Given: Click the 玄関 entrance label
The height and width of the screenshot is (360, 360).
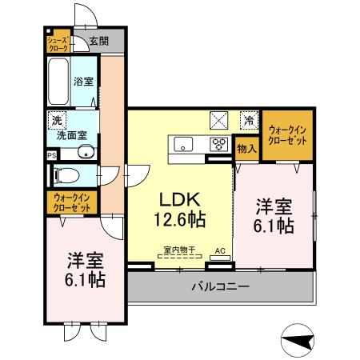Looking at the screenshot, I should [98, 41].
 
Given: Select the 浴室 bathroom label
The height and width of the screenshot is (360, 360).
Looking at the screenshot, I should [83, 81].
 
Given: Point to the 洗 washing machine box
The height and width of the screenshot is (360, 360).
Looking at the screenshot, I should [57, 120].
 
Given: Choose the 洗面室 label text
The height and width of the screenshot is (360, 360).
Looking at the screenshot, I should [72, 136].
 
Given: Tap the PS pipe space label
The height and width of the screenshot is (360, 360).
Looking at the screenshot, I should [52, 155].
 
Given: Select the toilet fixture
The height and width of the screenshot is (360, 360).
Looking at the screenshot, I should [67, 174].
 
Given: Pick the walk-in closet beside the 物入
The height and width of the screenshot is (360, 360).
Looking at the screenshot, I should [289, 135].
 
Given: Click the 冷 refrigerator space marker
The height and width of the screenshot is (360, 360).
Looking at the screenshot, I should [250, 121].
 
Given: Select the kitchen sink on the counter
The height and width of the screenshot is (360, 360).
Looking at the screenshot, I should [183, 145].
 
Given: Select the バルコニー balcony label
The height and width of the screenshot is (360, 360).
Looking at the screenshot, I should [220, 286].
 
